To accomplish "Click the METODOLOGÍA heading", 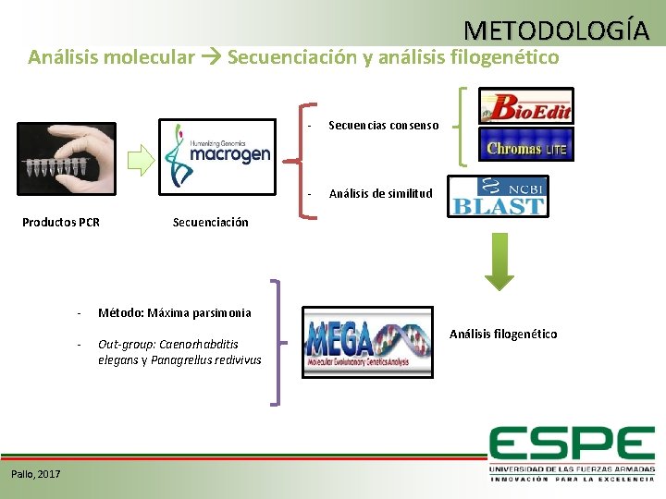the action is pos(557,30).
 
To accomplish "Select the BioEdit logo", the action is pos(525,106).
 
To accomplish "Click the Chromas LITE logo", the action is pos(525,145).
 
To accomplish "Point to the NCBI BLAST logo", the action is pos(497,196).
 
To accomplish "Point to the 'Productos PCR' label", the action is pos(61,222).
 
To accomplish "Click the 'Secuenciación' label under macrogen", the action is pos(210,222).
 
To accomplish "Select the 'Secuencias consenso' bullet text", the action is pos(383,125).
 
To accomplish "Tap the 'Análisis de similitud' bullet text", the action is pos(380,193).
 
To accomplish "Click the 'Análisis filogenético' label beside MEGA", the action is pos(503,334).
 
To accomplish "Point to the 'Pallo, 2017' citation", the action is pos(36,474).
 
